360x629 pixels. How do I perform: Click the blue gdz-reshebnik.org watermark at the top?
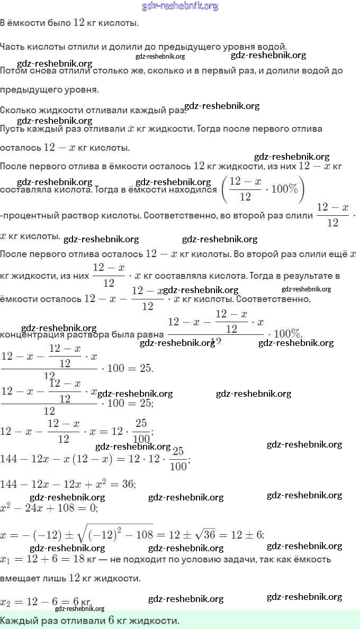click(x=180, y=6)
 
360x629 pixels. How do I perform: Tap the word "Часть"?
click(x=12, y=47)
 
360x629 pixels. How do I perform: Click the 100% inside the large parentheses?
click(x=285, y=189)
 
